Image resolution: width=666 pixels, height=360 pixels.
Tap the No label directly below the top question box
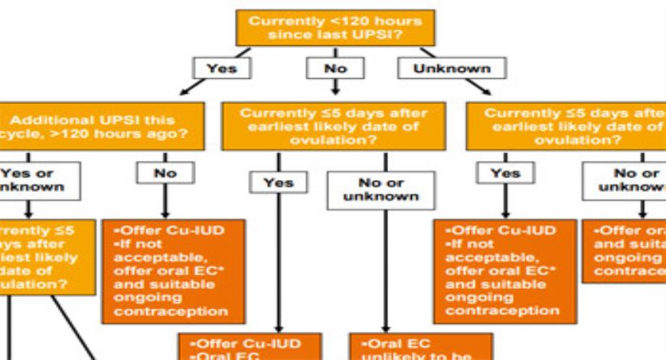coord(335,68)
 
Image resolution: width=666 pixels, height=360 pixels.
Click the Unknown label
coord(452,68)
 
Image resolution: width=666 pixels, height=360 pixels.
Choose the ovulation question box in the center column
coord(334,126)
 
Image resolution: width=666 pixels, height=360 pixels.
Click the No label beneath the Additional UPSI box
coord(165,173)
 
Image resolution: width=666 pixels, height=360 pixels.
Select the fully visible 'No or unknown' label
coord(380,189)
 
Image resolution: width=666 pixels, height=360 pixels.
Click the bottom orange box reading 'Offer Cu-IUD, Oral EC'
coord(250,346)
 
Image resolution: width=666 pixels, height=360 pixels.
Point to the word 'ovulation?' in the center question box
coord(335,140)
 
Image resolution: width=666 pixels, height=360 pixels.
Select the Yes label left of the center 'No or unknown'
coord(278,182)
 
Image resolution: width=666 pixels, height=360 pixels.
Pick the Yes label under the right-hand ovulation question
coord(505,173)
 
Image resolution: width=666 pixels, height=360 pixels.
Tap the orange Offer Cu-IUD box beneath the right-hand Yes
coord(504,270)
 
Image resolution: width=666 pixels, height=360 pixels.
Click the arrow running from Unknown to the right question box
coord(476,85)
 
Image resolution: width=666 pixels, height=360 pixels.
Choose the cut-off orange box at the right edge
coord(631,250)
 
